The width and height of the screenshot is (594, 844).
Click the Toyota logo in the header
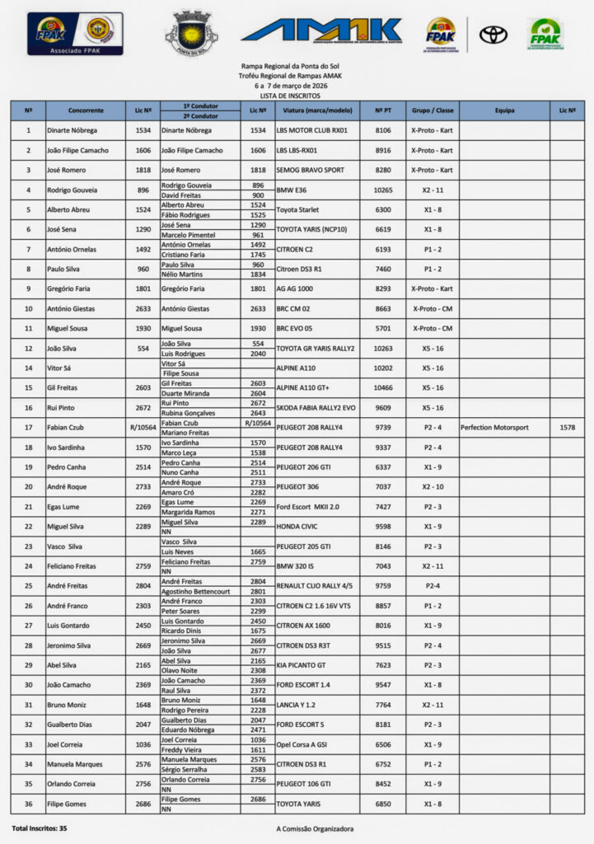493,35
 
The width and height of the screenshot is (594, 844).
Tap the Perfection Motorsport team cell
494,428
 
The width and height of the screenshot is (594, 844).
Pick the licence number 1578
567,428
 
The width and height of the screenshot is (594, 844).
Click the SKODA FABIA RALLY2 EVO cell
316,408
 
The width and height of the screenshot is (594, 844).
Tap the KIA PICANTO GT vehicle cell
302,665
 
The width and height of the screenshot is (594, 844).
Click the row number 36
29,804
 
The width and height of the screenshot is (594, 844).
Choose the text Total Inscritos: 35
40,828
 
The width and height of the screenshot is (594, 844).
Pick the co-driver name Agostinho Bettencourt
195,591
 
